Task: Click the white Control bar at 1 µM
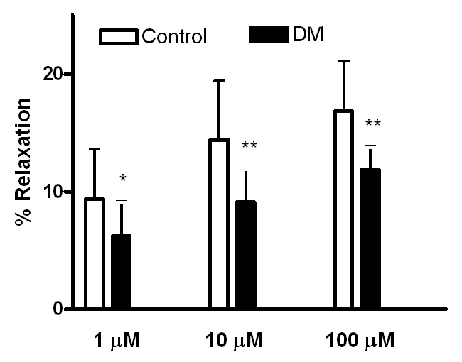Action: [95, 254]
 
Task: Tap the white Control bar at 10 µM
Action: [219, 224]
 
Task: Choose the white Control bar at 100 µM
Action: [343, 210]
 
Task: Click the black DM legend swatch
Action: [271, 33]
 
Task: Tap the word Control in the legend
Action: [174, 36]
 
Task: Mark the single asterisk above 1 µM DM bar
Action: [122, 179]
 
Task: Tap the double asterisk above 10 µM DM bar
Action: [249, 146]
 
